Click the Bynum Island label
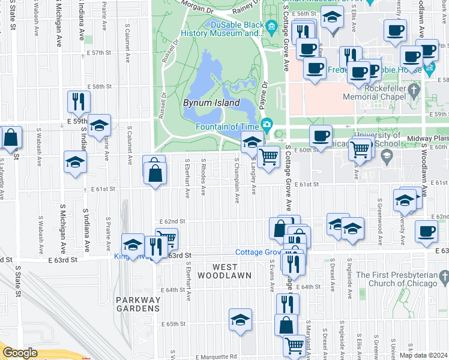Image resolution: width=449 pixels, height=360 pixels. pos(211,103)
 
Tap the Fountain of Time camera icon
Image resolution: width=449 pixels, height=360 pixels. pos(267,125)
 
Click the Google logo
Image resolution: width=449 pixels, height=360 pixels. pos(20,353)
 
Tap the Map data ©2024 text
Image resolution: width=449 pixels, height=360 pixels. pos(423,355)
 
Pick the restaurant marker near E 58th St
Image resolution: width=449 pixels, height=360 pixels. pos(79,101)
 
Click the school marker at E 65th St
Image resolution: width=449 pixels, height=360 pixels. pos(241,319)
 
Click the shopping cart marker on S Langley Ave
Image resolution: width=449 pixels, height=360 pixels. pos(270,157)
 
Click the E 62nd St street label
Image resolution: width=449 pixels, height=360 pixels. pos(170,221)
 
